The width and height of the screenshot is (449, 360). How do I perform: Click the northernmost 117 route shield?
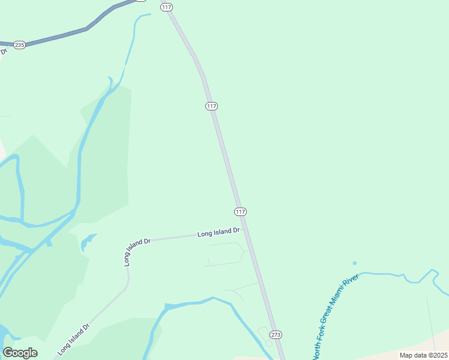click(x=166, y=7)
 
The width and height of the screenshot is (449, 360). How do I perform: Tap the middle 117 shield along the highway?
click(x=211, y=106)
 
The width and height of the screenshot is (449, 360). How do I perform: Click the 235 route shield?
click(x=20, y=45)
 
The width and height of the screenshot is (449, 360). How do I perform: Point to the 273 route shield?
click(x=276, y=334)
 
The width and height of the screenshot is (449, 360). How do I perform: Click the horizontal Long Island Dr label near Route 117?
click(x=218, y=232)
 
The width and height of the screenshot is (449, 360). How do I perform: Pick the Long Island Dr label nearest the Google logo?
click(x=74, y=340)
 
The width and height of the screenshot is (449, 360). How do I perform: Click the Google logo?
click(x=20, y=352)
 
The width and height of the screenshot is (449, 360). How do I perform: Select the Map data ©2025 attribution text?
click(x=423, y=355)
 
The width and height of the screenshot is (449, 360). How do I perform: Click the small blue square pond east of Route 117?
click(x=354, y=263)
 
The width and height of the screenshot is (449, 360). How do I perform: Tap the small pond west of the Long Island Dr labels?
click(x=88, y=242)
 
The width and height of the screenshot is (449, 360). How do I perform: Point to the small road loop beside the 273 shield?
click(x=265, y=335)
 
